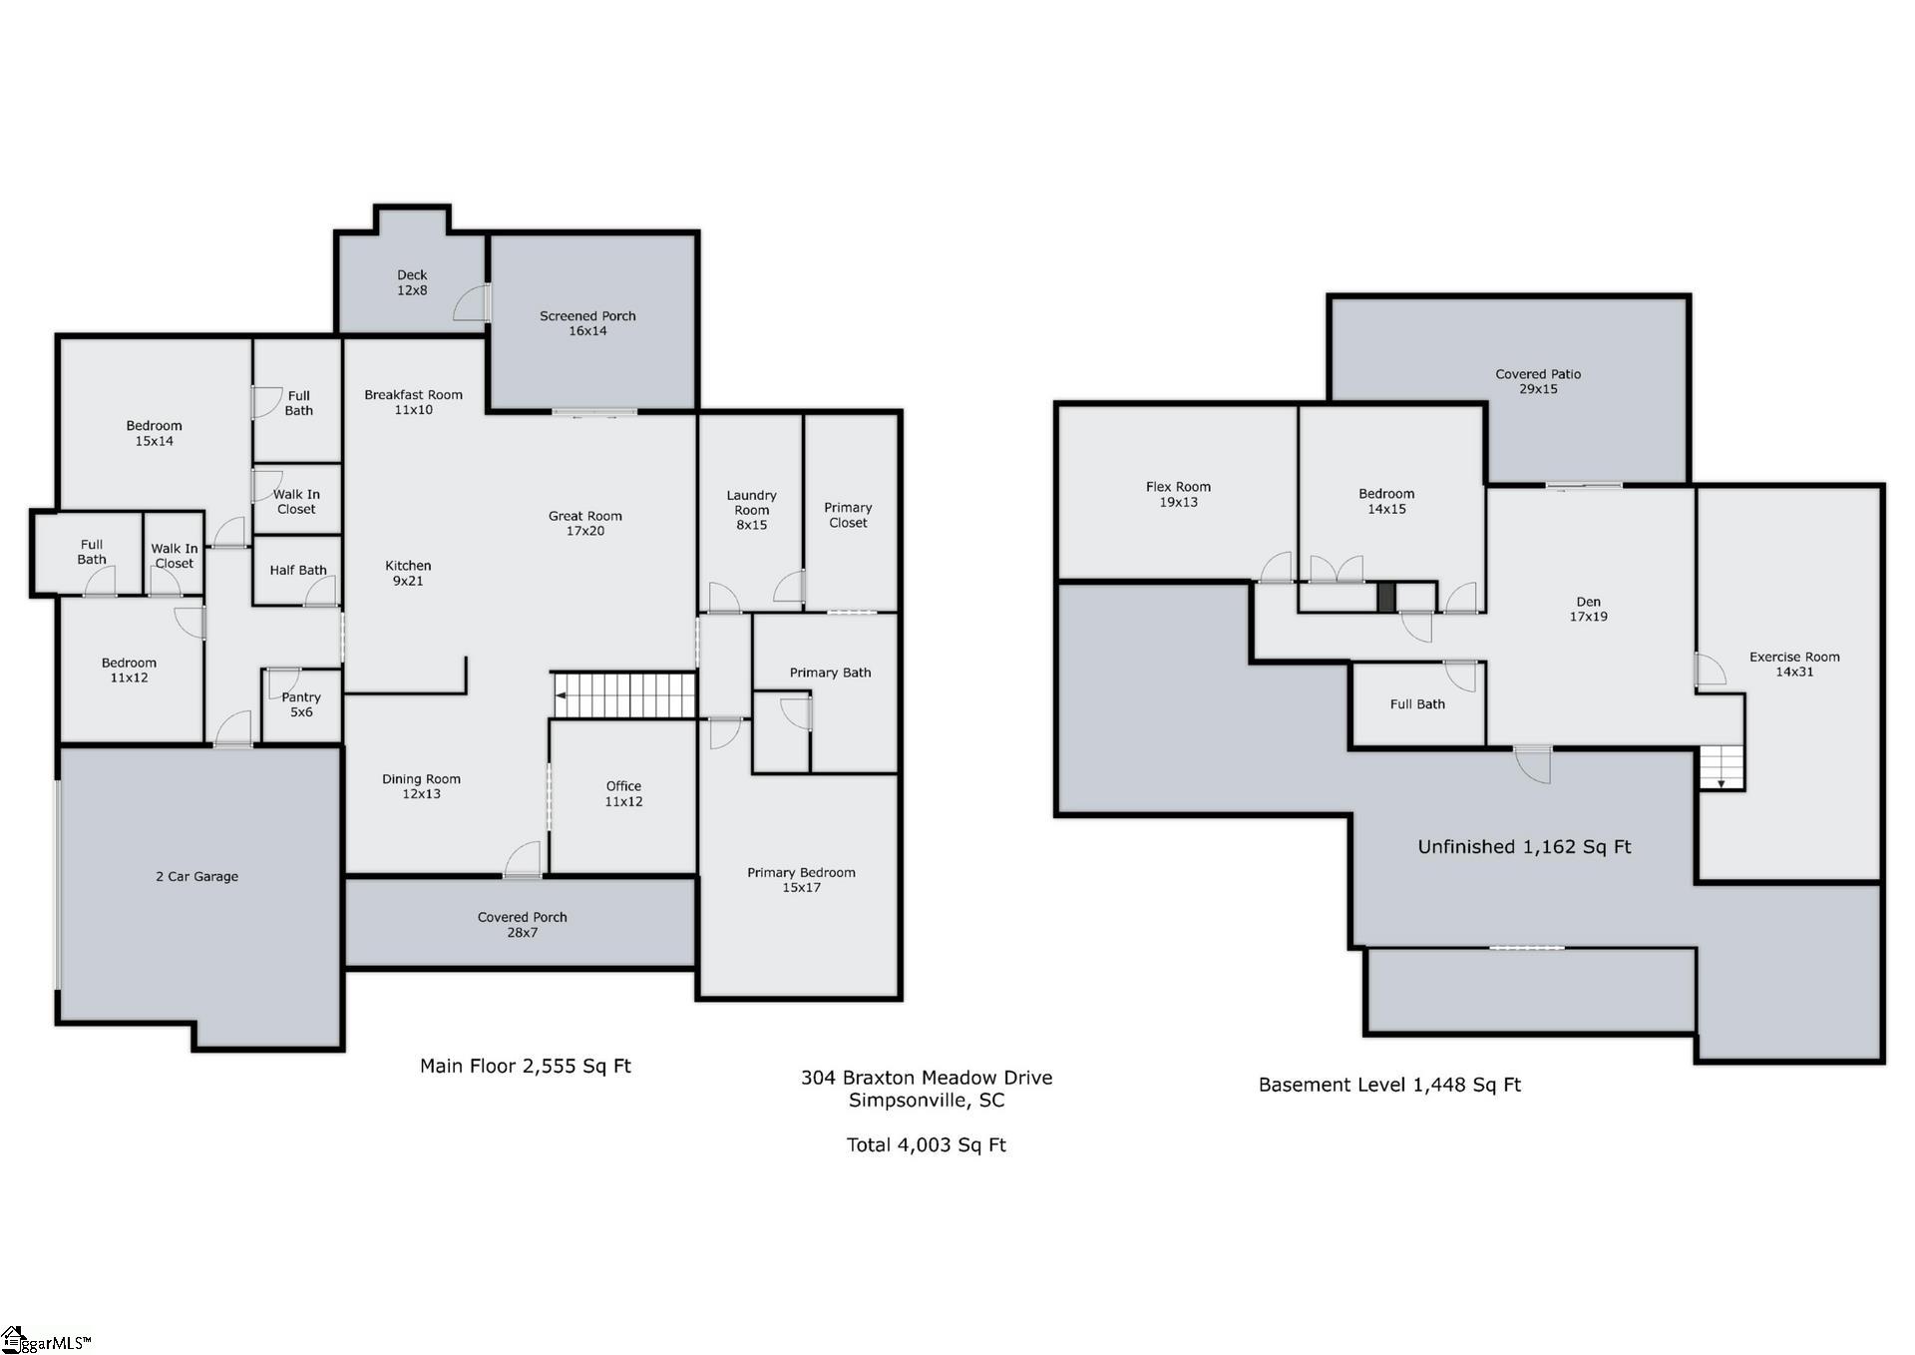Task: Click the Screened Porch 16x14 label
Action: click(x=587, y=323)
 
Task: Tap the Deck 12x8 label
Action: click(x=412, y=282)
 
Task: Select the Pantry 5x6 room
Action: click(x=301, y=704)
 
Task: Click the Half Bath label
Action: click(x=297, y=570)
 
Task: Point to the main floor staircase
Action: click(x=624, y=694)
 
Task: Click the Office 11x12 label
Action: click(x=623, y=793)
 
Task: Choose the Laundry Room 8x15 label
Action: click(x=751, y=510)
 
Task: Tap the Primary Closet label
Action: click(x=848, y=515)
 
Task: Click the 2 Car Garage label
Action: click(x=196, y=876)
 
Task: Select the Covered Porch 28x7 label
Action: click(x=522, y=924)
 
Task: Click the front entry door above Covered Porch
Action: click(x=523, y=860)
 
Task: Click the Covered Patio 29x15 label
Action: click(x=1537, y=381)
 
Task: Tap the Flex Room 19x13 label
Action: click(x=1178, y=494)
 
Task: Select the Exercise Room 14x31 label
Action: click(x=1793, y=664)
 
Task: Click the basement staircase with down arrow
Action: click(x=1722, y=767)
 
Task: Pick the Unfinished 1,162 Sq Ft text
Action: click(x=1523, y=846)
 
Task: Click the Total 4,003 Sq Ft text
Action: click(x=926, y=1144)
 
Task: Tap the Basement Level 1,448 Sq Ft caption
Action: click(x=1388, y=1085)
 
